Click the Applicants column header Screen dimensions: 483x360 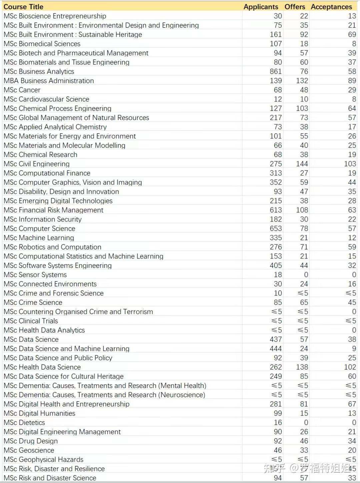point(261,7)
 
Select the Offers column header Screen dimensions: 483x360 point(295,7)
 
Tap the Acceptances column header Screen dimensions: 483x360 point(331,7)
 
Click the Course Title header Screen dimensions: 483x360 point(23,7)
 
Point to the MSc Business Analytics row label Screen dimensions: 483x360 point(39,71)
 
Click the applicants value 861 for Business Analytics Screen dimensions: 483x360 point(276,71)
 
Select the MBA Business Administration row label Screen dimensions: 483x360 point(49,81)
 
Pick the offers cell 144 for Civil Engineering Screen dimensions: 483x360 point(302,164)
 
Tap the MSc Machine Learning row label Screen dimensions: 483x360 point(39,238)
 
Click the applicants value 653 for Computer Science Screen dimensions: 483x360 point(276,228)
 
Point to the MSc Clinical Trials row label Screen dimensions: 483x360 point(31,321)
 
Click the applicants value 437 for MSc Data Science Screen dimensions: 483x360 point(276,339)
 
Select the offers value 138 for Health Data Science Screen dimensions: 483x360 point(302,367)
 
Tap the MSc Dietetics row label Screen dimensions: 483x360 point(24,423)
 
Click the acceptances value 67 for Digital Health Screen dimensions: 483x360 point(352,404)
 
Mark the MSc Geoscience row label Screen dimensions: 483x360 point(29,450)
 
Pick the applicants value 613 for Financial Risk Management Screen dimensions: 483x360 point(276,210)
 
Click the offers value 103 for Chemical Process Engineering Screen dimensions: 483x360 point(302,108)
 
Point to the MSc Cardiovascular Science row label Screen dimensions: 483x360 point(47,99)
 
